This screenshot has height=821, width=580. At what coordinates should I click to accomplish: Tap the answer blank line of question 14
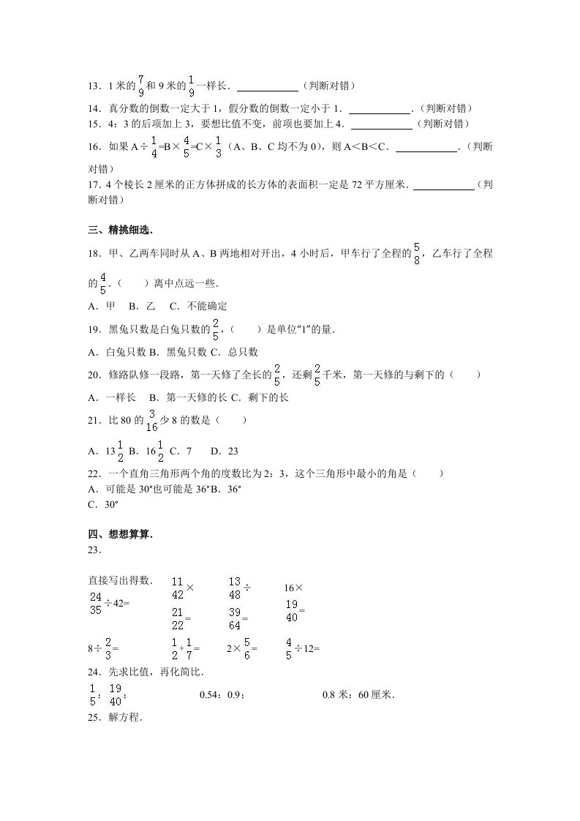coord(380,113)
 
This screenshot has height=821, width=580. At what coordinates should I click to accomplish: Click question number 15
coord(94,124)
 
